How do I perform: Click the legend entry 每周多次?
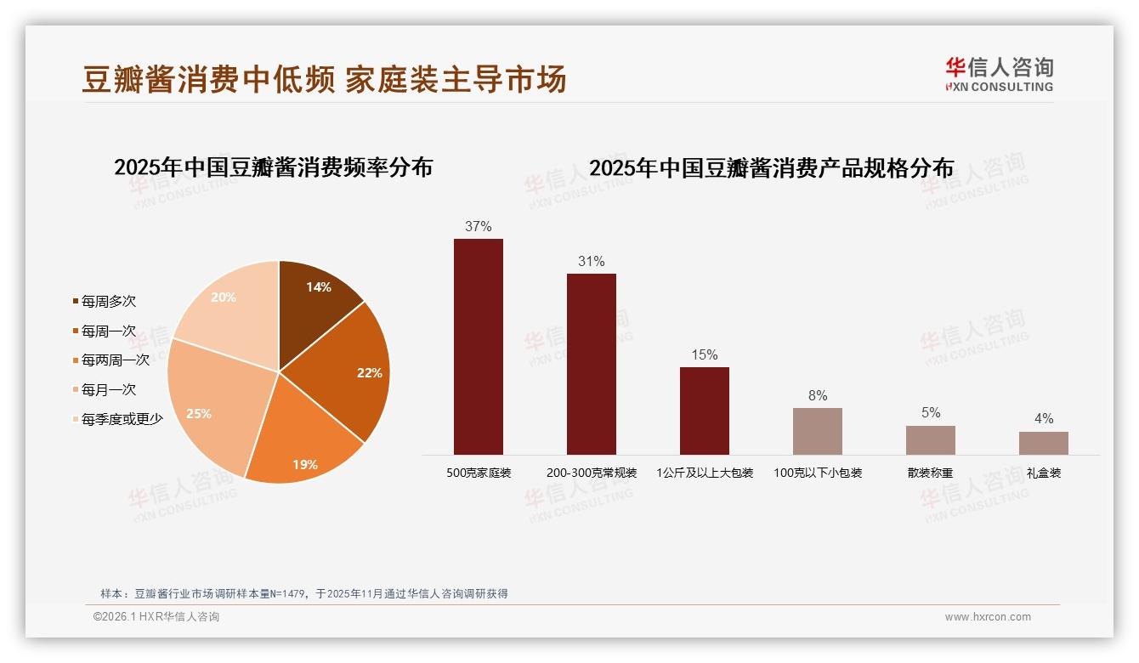pos(108,302)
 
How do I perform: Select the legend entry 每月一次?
pos(108,390)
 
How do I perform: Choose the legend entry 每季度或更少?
pos(122,419)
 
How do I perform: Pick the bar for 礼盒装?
pos(1044,443)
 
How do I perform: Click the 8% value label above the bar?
pos(818,396)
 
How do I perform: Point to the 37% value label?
pos(479,227)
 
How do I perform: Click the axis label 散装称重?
pos(931,473)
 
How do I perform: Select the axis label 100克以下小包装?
pos(818,473)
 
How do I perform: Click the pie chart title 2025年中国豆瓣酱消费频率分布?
pos(274,167)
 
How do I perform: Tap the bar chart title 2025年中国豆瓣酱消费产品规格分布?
pos(772,168)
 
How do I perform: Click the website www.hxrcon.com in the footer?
pos(988,617)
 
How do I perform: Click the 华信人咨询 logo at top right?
pos(1000,74)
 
